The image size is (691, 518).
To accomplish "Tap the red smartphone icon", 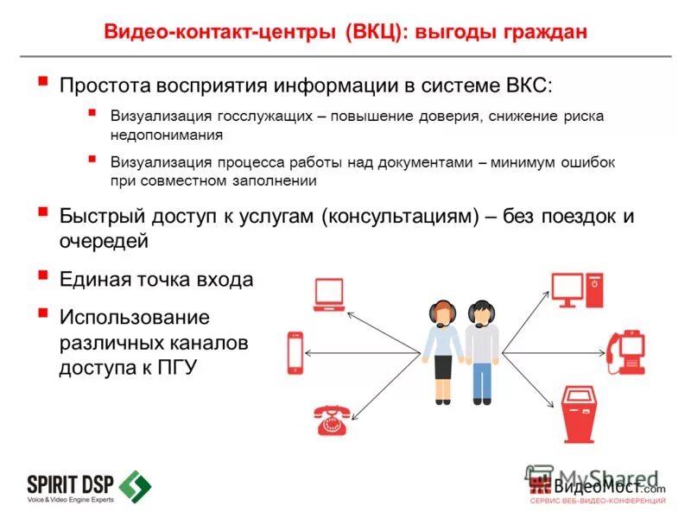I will (295, 352).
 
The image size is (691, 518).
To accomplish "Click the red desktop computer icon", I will (577, 290).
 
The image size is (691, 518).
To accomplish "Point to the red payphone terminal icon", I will (625, 351).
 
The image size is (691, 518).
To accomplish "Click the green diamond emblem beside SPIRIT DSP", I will (135, 486).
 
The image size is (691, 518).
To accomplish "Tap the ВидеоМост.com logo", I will (596, 485).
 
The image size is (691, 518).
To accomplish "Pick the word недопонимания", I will (166, 135).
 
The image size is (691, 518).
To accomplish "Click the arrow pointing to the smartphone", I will (363, 352).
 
